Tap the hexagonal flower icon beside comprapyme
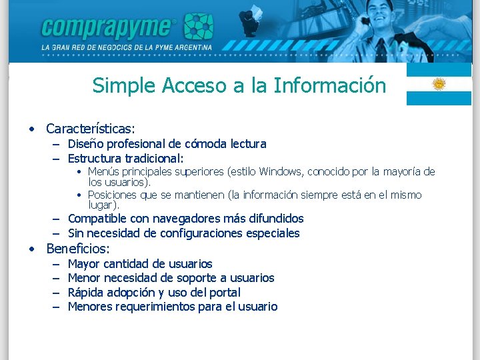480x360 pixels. pos(199,26)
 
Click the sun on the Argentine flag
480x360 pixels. pos(439,84)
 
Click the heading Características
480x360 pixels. pos(90,128)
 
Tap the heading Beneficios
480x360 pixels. pos(77,249)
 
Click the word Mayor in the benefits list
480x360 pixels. pos(83,264)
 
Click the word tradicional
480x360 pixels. pos(152,159)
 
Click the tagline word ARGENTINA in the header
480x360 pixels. pos(191,48)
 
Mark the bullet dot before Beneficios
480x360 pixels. pos(31,249)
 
